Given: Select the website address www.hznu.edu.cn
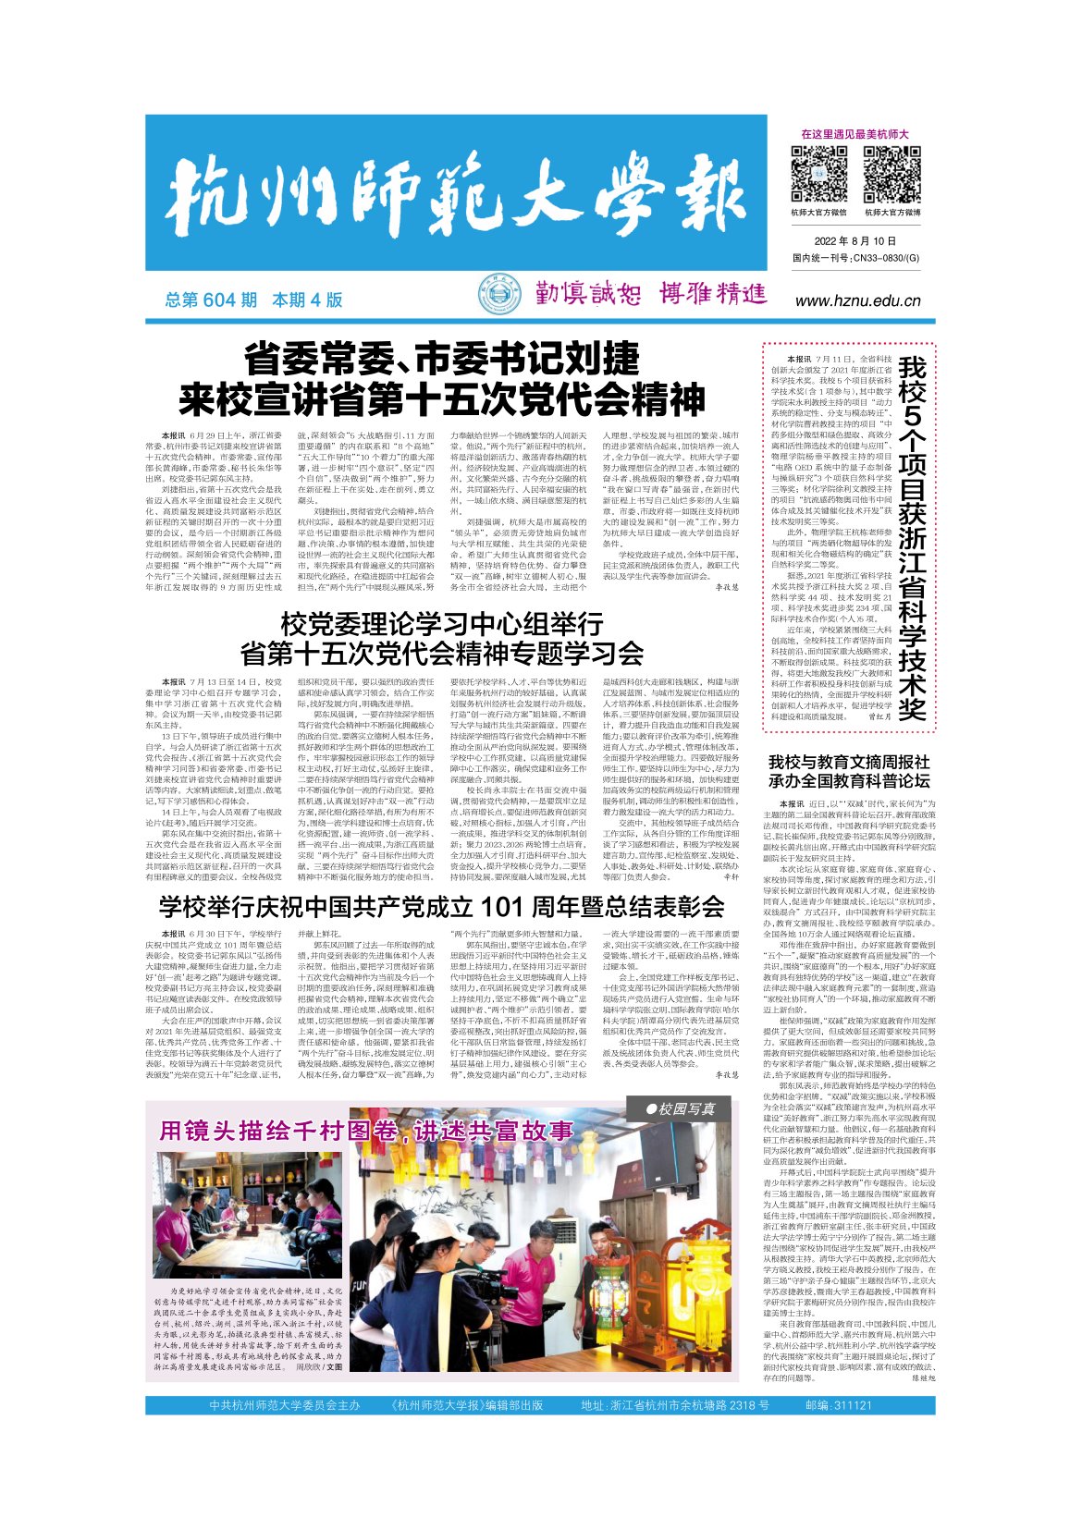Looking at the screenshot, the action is pos(858,300).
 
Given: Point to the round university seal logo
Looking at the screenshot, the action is pos(498,296).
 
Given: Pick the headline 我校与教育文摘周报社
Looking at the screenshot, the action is pos(849,762).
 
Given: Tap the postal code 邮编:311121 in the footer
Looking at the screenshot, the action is pos(839,1405).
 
